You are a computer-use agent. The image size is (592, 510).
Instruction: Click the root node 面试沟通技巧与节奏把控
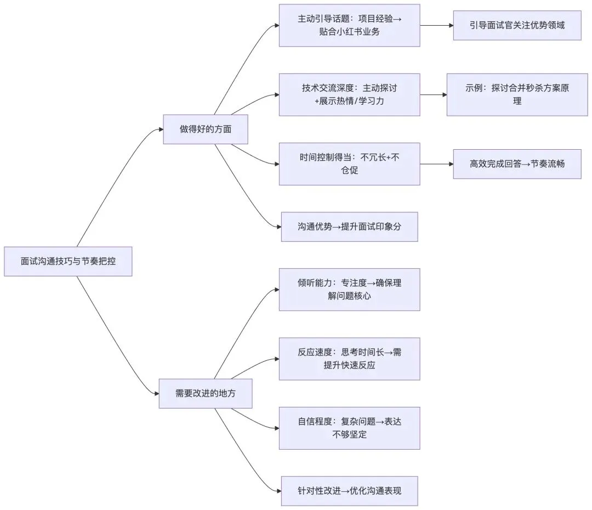click(x=68, y=261)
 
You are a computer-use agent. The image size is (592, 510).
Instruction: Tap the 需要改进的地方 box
click(x=206, y=393)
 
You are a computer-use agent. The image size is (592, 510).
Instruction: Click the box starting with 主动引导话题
click(x=349, y=25)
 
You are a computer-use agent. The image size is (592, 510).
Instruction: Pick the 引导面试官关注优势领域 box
click(x=517, y=25)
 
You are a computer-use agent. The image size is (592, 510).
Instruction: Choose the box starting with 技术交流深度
click(x=349, y=94)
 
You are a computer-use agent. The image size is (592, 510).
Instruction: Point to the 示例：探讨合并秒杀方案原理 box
click(x=517, y=94)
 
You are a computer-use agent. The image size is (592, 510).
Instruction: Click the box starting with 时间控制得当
click(x=349, y=164)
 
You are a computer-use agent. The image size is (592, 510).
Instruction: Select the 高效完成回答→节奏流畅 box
click(x=517, y=164)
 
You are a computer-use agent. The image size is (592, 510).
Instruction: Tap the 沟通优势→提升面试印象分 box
click(x=349, y=226)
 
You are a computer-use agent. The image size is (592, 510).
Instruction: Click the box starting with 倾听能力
click(x=349, y=290)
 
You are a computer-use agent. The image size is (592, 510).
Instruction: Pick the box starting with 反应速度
click(x=349, y=359)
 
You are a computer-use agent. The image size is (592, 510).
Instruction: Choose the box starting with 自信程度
click(x=349, y=428)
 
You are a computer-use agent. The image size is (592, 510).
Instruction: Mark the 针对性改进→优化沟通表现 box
click(x=349, y=491)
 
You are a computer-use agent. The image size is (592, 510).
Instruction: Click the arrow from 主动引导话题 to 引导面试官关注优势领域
click(x=436, y=25)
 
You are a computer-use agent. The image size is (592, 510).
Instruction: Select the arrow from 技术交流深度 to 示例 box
click(x=433, y=94)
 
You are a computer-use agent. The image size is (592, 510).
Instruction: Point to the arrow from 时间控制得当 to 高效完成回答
click(x=436, y=164)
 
